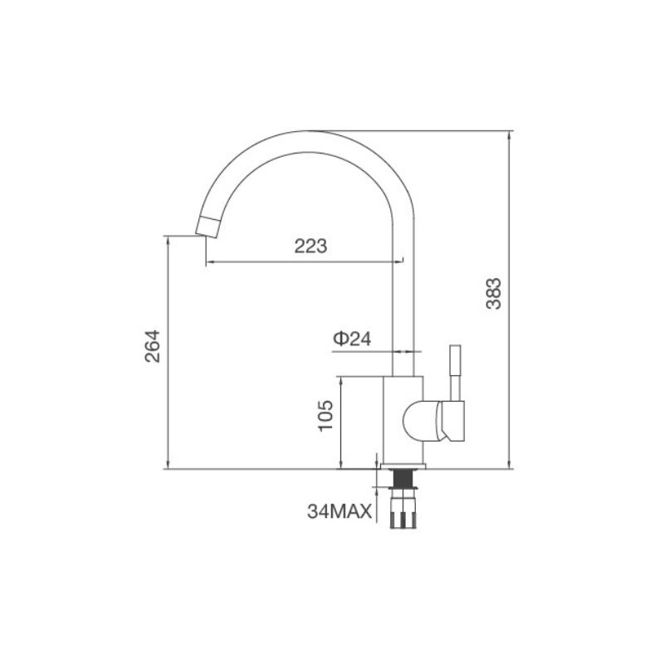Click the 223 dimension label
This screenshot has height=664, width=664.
point(310,246)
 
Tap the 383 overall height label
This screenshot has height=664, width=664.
point(493,294)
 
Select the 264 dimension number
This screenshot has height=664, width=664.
point(153,346)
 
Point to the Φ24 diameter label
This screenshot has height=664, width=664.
point(352,339)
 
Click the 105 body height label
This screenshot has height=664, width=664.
point(326,415)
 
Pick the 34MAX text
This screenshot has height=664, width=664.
point(339,511)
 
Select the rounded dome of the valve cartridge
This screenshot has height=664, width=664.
point(418,422)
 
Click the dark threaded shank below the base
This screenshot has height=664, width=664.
point(403,478)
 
